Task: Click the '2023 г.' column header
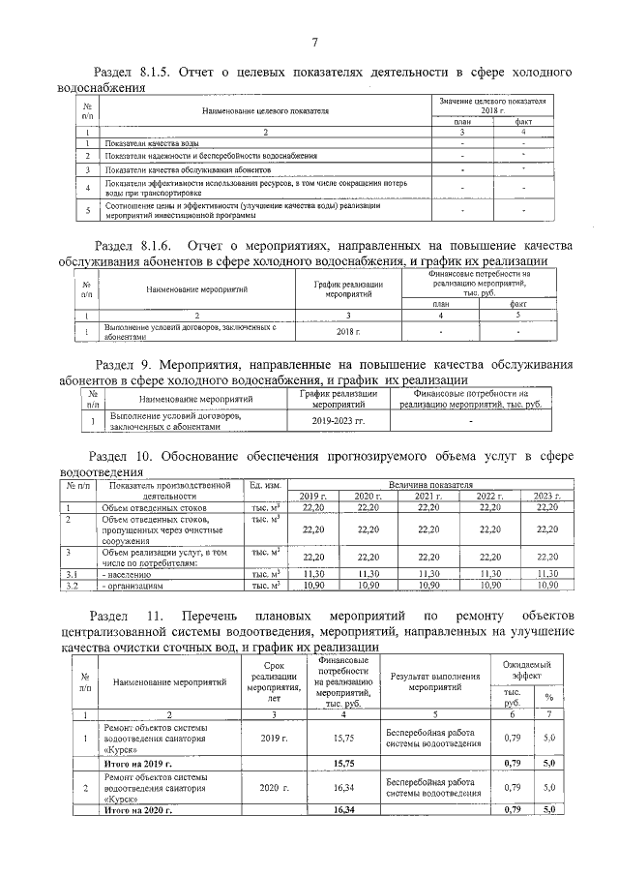click(x=547, y=496)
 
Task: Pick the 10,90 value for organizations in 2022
click(x=489, y=586)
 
